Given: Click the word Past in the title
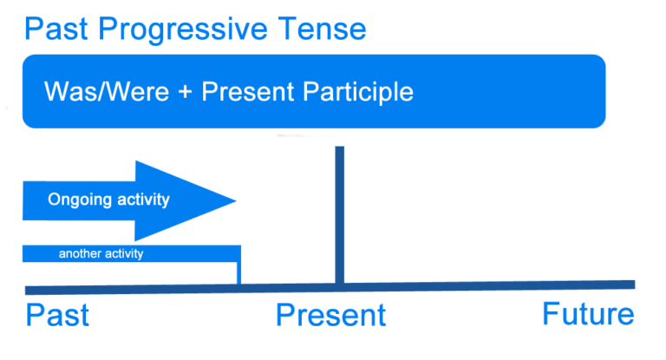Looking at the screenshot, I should pyautogui.click(x=57, y=29).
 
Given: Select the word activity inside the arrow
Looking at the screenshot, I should pyautogui.click(x=142, y=200).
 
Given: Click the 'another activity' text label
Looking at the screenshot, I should pyautogui.click(x=101, y=254).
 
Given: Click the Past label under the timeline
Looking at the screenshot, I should pyautogui.click(x=57, y=315).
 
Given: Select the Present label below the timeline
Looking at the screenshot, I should pyautogui.click(x=330, y=315).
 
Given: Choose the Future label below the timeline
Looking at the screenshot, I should pyautogui.click(x=588, y=314).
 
